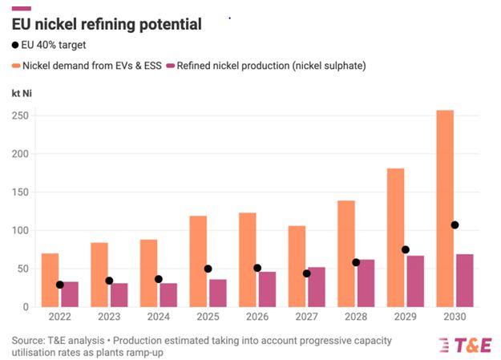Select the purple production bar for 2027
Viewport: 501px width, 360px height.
317,287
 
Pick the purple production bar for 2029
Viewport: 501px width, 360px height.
415,281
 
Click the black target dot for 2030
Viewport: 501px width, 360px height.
455,224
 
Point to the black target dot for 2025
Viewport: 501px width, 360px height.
208,269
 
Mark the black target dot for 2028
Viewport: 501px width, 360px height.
356,262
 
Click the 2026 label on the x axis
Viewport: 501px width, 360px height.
257,318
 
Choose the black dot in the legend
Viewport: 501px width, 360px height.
16,45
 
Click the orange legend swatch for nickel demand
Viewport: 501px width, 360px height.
16,66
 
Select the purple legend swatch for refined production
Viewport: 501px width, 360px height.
169,66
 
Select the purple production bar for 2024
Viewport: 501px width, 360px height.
168,295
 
